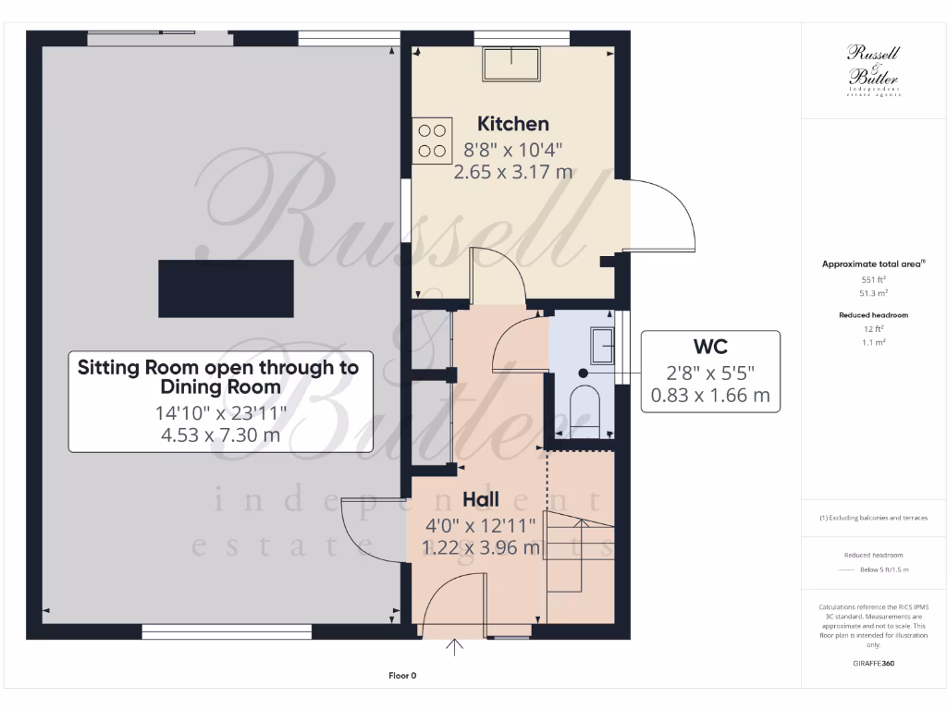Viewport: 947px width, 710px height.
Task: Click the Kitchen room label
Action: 512,124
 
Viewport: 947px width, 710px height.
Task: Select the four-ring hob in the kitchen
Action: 433,141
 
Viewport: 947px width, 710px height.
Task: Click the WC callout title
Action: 710,347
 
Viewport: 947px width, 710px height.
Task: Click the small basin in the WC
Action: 602,345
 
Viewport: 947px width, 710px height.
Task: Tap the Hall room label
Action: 481,500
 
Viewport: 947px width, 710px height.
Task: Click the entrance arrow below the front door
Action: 454,647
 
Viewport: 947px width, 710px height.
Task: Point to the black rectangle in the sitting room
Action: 227,288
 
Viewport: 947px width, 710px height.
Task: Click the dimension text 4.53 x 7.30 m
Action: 220,435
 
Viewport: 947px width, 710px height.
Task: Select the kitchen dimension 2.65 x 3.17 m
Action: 512,171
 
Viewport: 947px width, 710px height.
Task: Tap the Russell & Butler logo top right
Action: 873,70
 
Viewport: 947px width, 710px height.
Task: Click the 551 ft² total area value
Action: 873,279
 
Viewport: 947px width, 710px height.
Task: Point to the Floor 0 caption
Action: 402,676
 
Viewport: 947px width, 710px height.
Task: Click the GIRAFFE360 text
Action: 873,663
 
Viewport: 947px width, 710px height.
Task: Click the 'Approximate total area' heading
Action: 873,264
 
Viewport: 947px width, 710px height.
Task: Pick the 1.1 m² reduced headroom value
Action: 873,342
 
